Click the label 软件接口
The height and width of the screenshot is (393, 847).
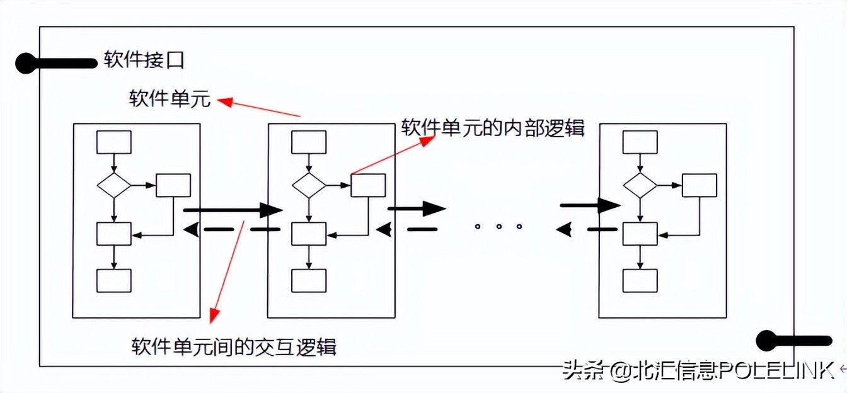(x=144, y=61)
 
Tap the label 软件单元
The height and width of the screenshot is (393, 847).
(x=170, y=99)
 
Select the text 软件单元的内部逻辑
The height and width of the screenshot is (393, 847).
(x=493, y=128)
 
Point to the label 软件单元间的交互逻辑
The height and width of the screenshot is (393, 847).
(x=234, y=346)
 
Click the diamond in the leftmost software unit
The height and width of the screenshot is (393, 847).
(x=113, y=185)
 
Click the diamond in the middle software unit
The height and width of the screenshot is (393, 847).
(x=309, y=185)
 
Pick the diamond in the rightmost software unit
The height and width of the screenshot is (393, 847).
(x=640, y=185)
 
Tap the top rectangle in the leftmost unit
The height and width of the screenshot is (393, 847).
(x=113, y=142)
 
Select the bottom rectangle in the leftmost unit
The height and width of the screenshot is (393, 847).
(x=113, y=281)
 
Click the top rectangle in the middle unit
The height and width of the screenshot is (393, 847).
(x=309, y=142)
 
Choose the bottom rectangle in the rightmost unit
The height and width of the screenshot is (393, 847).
(x=640, y=281)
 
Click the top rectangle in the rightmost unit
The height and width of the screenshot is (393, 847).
(x=640, y=142)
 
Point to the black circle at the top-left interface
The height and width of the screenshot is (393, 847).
(x=26, y=63)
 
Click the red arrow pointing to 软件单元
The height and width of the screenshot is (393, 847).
(x=258, y=108)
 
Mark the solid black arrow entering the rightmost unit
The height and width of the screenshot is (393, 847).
(x=590, y=205)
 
